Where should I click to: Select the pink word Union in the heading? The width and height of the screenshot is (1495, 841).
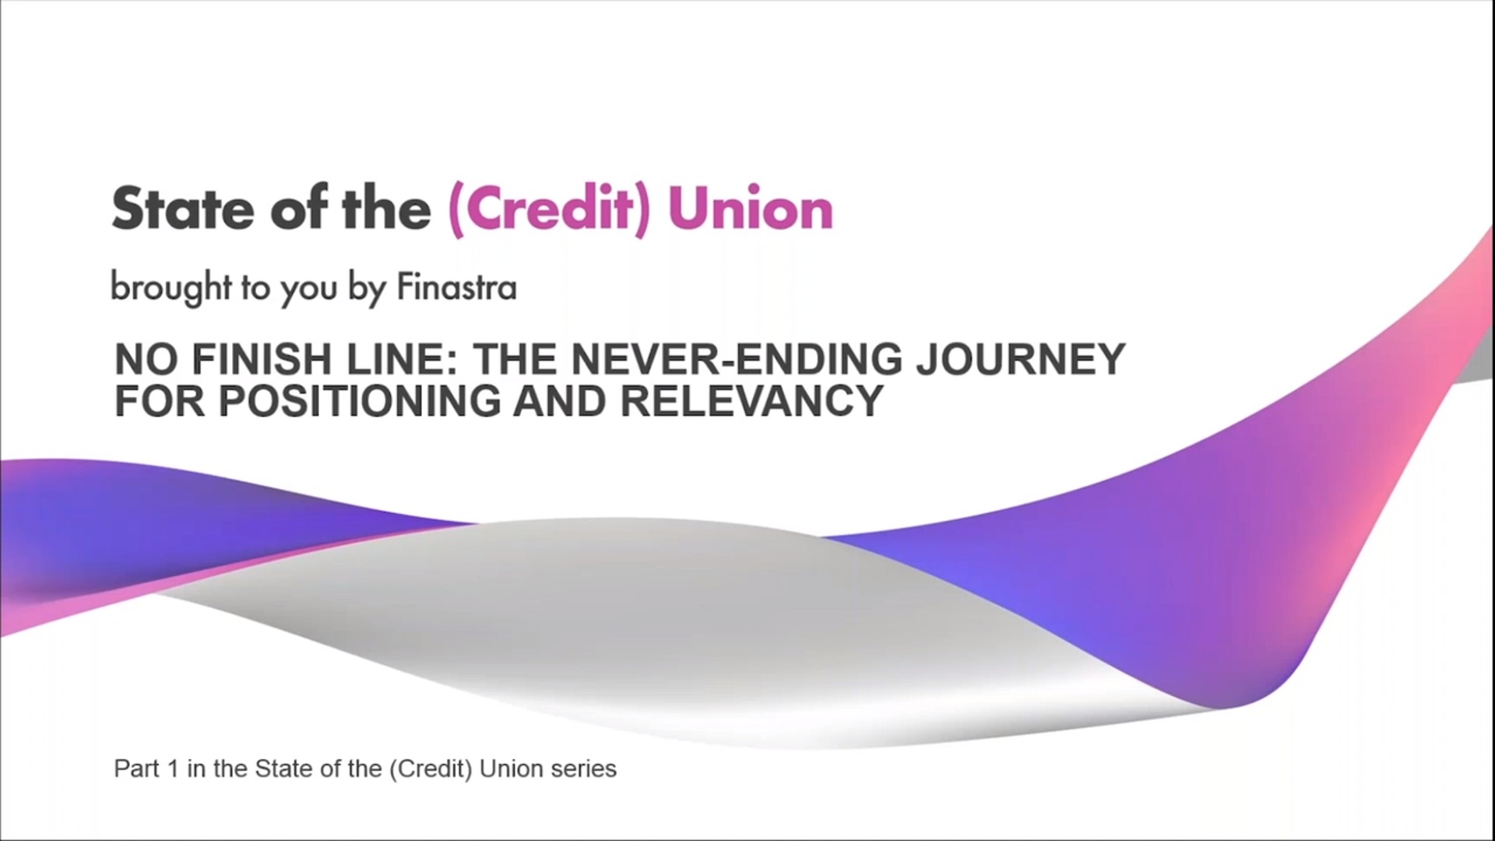tap(751, 209)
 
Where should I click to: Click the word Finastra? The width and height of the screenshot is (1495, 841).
tap(456, 287)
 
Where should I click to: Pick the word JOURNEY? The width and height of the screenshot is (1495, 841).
tap(1021, 359)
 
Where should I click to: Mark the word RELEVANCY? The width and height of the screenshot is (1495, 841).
tap(751, 401)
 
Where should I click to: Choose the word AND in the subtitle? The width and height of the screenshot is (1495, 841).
tap(560, 401)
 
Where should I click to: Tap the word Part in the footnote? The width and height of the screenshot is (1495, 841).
tap(136, 769)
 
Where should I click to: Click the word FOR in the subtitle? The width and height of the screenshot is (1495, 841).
tap(160, 401)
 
